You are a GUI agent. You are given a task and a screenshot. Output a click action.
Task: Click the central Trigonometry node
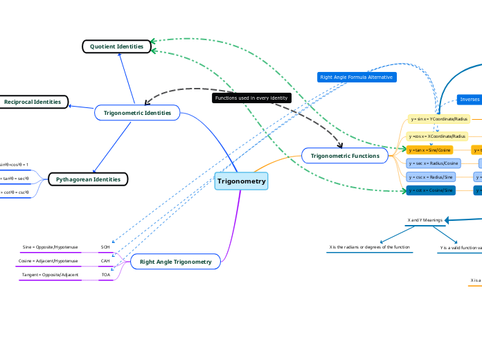click(241, 181)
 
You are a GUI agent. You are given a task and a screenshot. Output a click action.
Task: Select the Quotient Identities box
click(116, 46)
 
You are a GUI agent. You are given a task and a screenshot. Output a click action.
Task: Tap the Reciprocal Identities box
click(33, 102)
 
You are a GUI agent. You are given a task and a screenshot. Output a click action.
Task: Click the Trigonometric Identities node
click(137, 112)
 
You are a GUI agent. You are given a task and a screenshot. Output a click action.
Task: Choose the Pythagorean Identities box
click(88, 179)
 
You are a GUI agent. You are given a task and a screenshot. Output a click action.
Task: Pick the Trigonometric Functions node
click(344, 156)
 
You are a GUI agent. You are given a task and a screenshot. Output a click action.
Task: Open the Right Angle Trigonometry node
click(175, 262)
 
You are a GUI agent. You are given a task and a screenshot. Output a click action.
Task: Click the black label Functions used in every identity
click(251, 98)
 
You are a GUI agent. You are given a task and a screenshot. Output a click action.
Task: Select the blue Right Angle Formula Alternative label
click(357, 77)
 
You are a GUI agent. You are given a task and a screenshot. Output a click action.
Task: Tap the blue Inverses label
click(470, 100)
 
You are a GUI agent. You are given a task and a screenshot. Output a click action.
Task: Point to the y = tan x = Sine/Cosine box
click(430, 150)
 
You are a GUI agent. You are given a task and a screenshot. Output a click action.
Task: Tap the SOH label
click(105, 247)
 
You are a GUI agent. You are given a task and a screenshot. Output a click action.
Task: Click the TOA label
click(105, 275)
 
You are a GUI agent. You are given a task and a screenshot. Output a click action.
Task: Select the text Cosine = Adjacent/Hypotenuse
click(48, 261)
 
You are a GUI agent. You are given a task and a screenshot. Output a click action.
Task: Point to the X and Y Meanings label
click(425, 220)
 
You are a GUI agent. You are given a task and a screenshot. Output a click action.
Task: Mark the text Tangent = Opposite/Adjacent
click(50, 275)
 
